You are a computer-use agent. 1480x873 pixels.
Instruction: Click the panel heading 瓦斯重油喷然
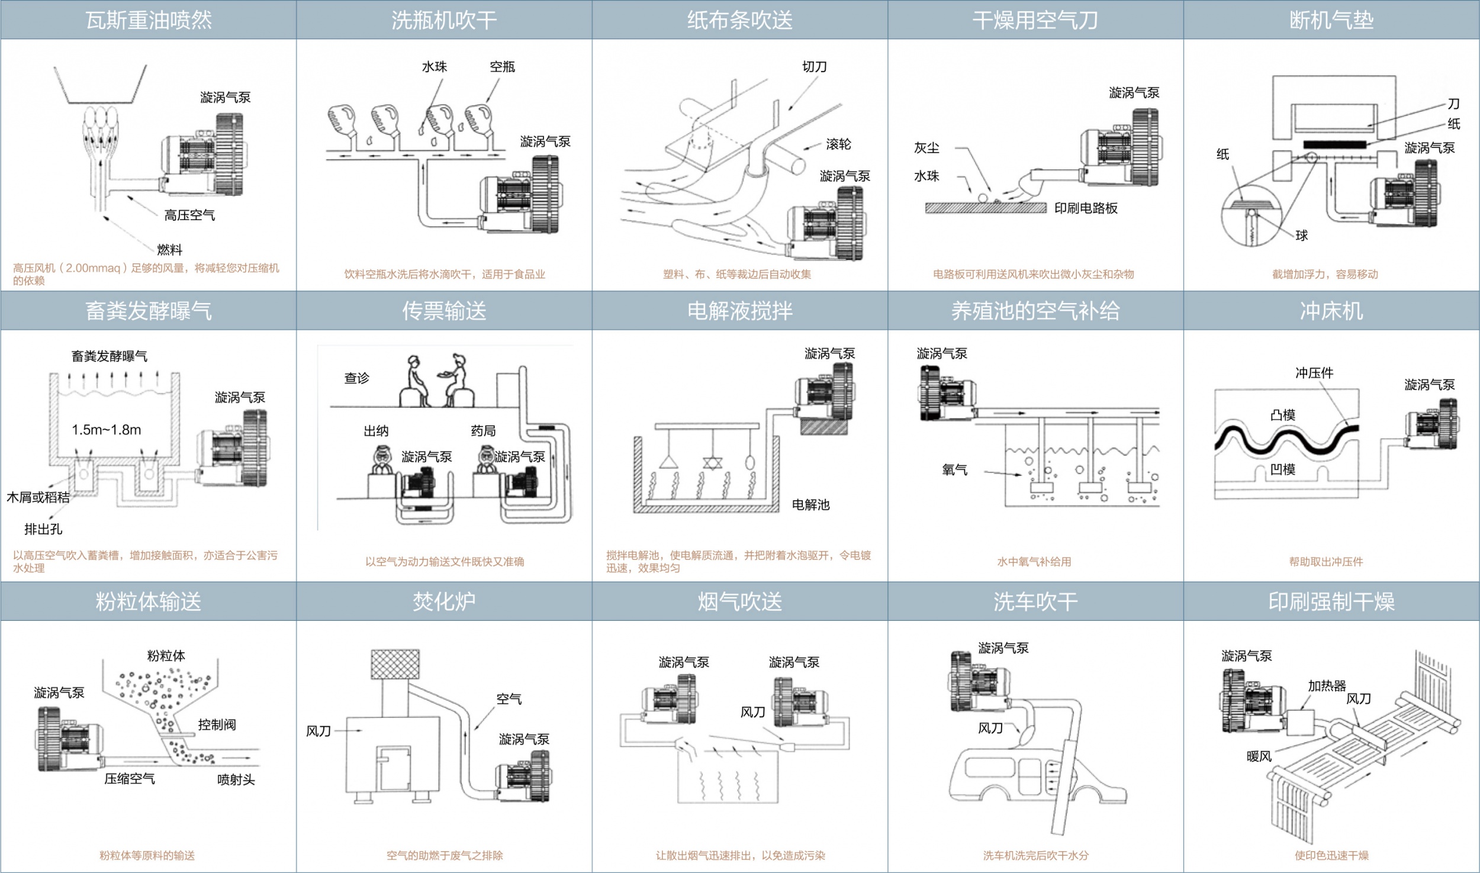pos(149,21)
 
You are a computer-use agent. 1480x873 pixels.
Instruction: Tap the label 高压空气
pos(189,215)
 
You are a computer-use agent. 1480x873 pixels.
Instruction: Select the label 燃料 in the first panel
pos(169,249)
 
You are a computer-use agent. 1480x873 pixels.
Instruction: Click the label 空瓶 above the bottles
pos(502,67)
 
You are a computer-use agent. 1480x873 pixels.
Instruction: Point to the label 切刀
pos(814,67)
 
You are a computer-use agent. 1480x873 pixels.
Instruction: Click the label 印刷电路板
pos(1086,208)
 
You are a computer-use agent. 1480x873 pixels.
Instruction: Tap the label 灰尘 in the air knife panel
pos(926,148)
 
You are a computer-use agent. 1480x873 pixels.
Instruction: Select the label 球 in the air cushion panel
pos(1301,236)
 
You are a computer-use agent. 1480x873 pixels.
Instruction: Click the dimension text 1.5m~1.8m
pos(107,430)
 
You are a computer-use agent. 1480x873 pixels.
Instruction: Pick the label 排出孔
pos(43,529)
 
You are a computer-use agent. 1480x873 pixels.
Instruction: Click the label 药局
pos(483,431)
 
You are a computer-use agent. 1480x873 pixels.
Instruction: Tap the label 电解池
pos(810,504)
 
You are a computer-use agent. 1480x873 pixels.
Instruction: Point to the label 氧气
pos(954,470)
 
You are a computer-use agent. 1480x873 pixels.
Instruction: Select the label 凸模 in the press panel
pos(1283,415)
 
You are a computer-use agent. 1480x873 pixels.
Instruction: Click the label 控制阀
pos(217,724)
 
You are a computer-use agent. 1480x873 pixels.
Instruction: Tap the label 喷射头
pos(236,779)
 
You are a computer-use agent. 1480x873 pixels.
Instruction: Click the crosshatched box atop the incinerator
pos(395,665)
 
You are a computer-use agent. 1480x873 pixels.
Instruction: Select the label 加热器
pos(1327,686)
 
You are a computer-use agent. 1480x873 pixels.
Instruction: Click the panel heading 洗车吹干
pos(1035,602)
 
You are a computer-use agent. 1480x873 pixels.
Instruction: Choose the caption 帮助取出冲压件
pos(1325,562)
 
